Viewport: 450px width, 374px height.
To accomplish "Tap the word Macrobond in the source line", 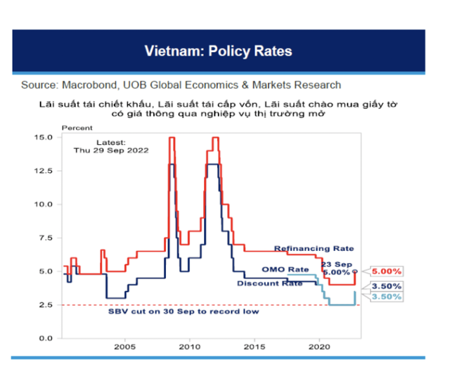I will (91, 85).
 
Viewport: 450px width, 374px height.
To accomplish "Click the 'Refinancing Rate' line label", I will (314, 249).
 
